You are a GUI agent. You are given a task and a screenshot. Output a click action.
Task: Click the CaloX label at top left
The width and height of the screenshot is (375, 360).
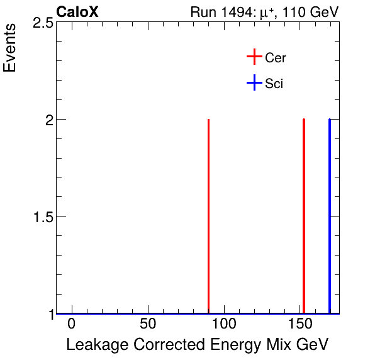[77, 12]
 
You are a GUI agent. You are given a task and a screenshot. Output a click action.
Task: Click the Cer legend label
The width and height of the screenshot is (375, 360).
[276, 58]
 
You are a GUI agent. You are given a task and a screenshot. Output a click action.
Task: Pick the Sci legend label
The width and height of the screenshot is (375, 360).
[274, 83]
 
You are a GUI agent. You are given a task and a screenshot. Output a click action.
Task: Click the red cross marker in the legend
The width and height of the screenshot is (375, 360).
[254, 57]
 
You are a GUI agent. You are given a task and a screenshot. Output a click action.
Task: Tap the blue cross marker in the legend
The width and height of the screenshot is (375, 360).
[254, 82]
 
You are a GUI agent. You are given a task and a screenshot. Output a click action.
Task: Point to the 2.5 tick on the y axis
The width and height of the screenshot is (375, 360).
[42, 23]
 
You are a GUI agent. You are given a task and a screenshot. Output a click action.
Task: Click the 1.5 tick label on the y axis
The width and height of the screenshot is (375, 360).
[42, 217]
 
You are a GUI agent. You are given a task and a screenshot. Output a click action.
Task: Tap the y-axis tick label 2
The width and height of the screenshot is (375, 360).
[48, 120]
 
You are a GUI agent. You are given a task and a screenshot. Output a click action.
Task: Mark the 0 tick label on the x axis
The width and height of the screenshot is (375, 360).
[72, 324]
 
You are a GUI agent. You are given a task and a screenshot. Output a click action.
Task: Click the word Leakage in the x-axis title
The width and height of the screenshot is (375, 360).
[92, 345]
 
